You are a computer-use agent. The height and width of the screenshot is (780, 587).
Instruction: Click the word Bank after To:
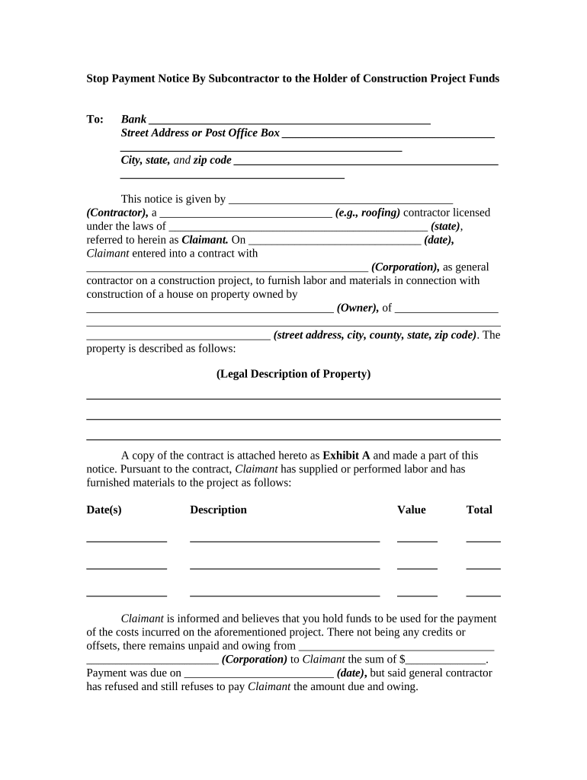coord(133,119)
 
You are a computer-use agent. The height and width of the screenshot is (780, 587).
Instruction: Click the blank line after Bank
coord(290,121)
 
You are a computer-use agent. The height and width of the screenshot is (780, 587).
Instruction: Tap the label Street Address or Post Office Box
coord(200,133)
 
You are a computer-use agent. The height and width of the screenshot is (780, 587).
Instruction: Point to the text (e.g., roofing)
coord(367,213)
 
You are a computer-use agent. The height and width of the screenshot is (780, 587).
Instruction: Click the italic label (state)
coord(445,226)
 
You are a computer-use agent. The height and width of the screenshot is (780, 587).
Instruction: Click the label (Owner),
coord(358,308)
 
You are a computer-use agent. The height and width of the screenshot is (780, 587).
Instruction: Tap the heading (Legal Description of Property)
coord(293,374)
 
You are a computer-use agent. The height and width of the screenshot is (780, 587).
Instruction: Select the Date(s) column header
coord(104,510)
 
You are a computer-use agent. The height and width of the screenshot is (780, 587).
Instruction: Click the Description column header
coord(218,510)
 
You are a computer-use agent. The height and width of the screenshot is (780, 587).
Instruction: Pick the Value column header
coord(412,510)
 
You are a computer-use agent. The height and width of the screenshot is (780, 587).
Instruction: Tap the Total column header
coord(480,510)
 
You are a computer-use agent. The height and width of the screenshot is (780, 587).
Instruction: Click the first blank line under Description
coord(284,540)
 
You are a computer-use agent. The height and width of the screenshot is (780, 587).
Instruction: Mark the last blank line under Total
coord(483,595)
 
